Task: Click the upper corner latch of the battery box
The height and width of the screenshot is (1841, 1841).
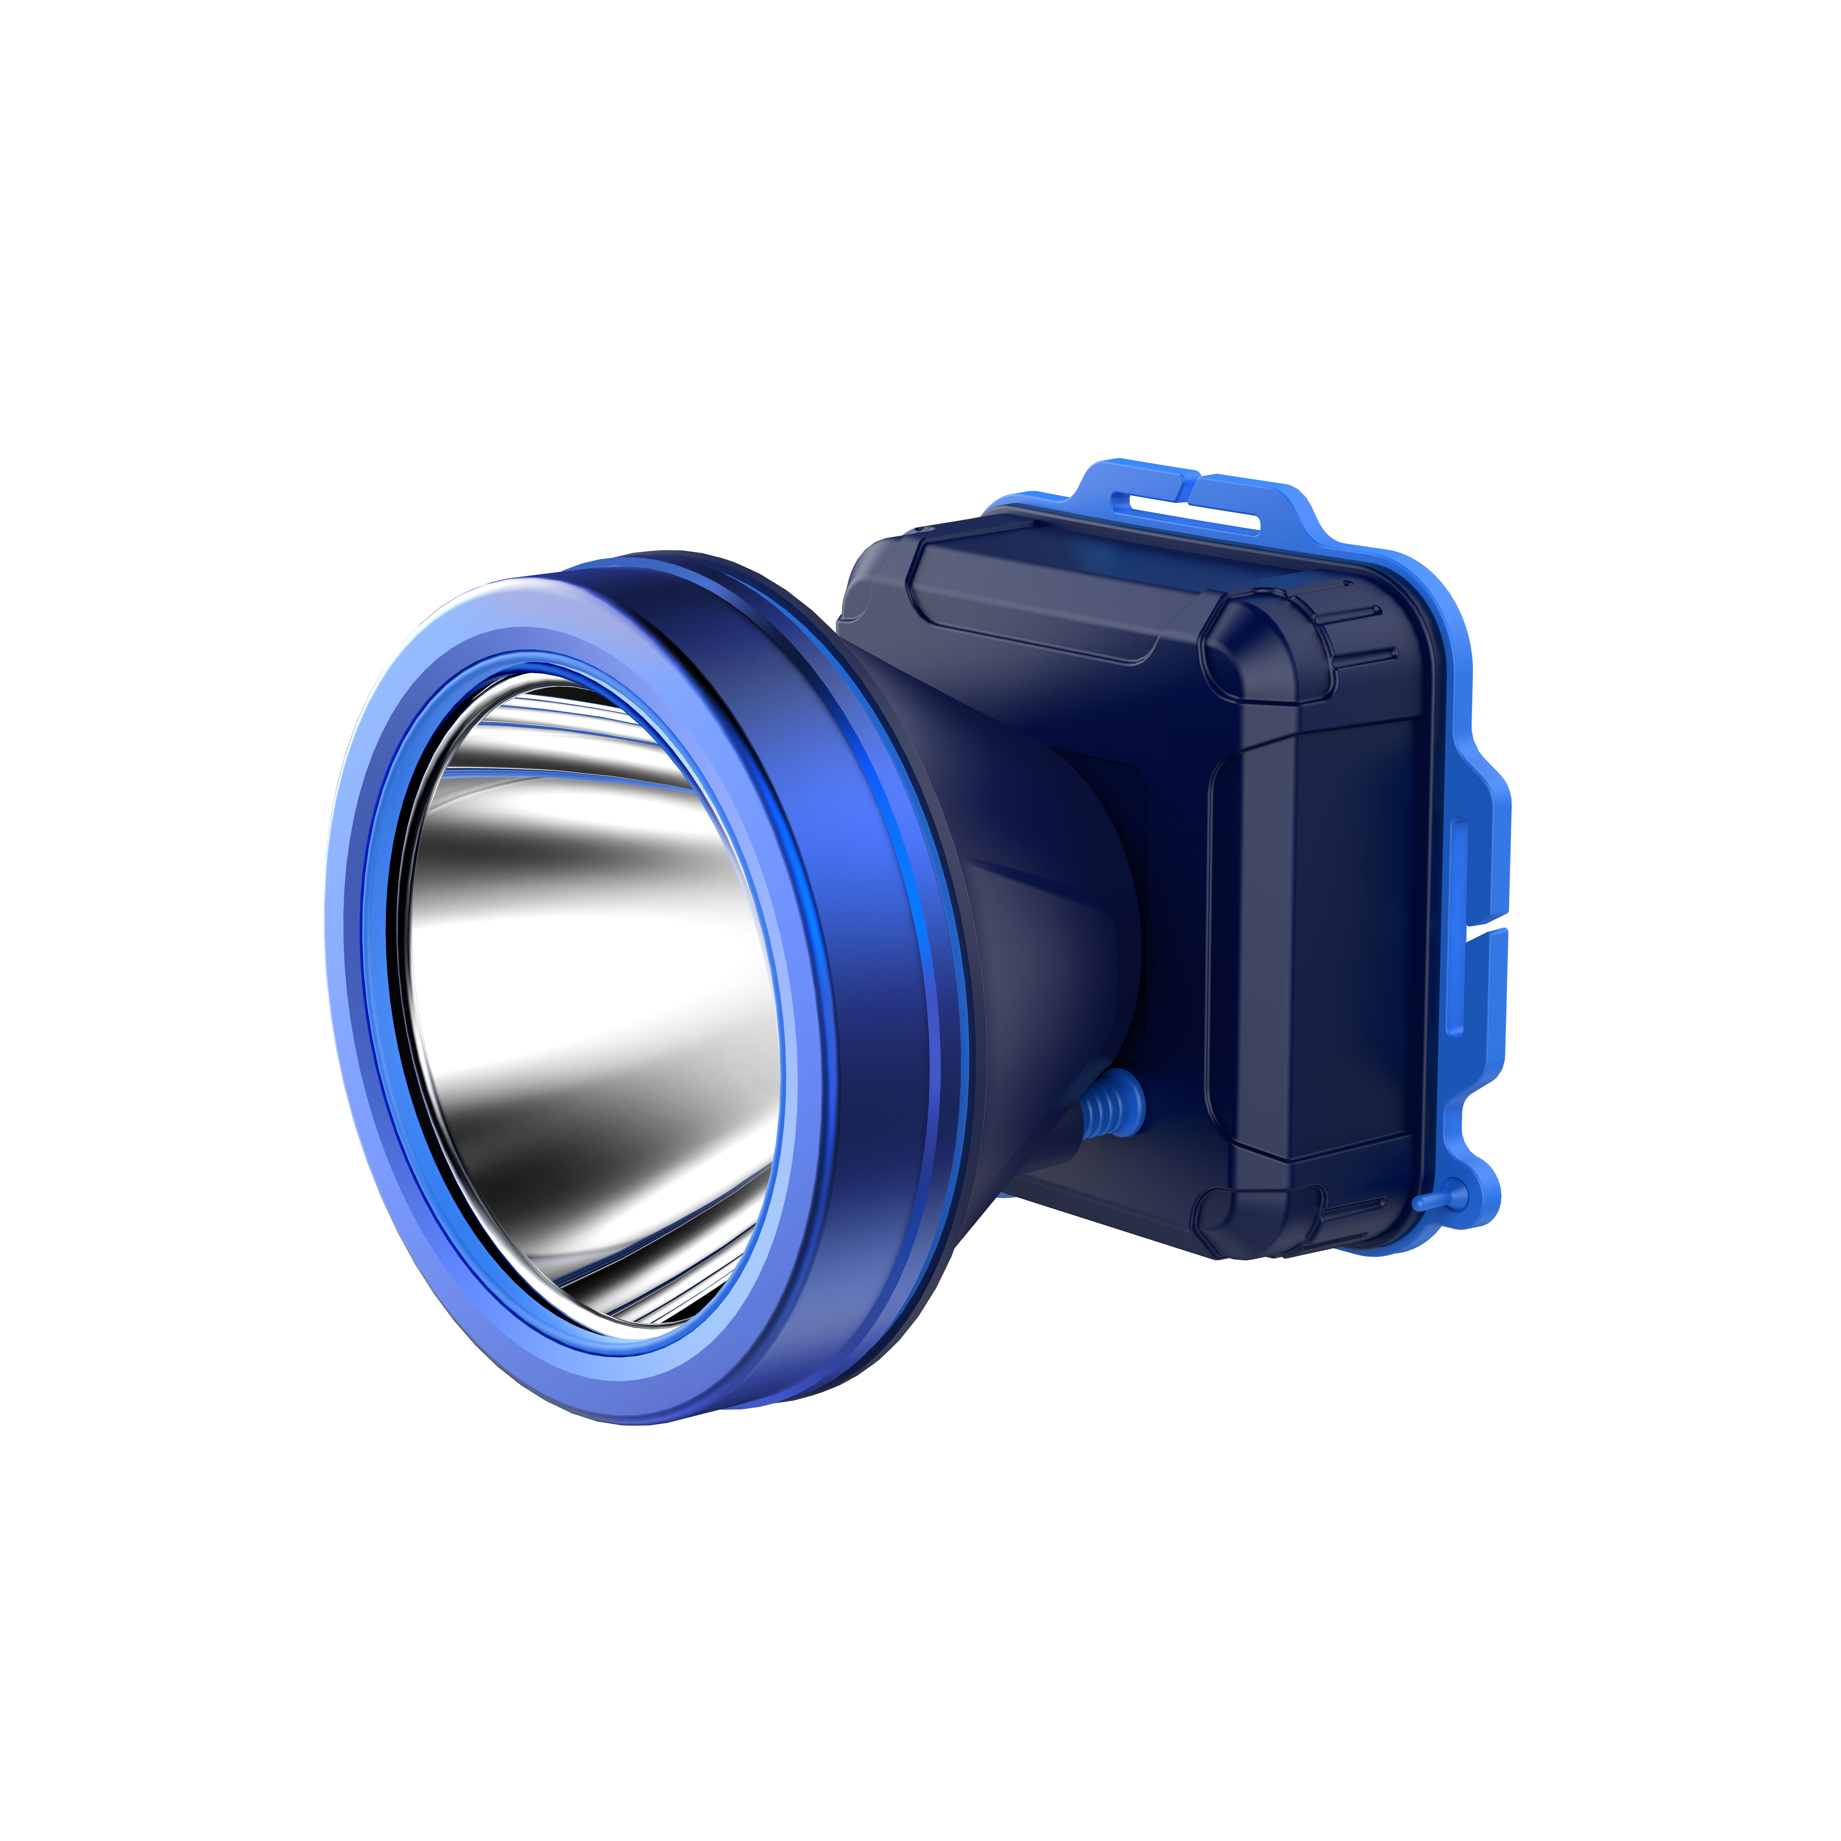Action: point(1258,648)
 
